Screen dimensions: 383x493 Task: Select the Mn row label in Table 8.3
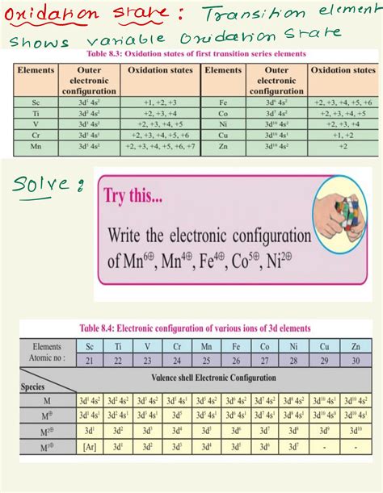click(35, 148)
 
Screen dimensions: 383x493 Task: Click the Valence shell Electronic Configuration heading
click(213, 377)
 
